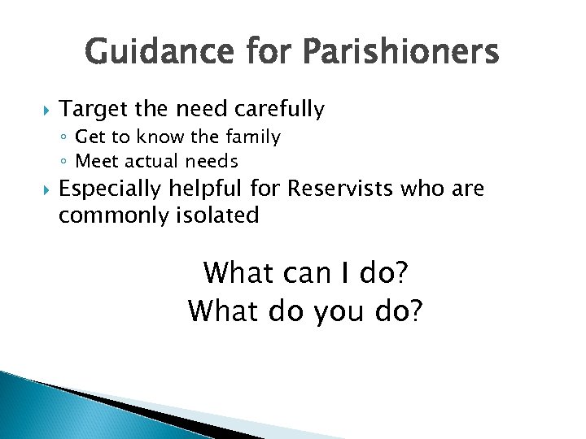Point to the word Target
[x=89, y=109]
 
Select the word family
[x=254, y=137]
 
